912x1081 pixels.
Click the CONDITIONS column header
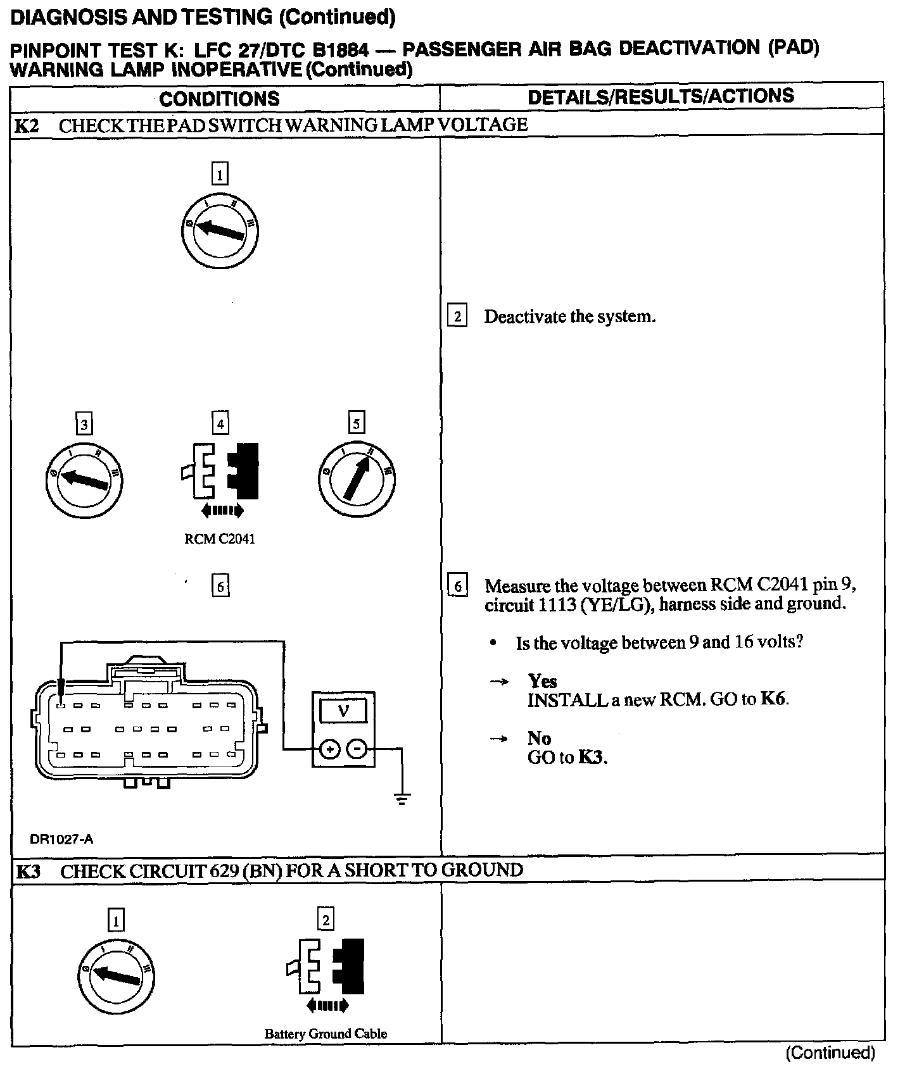[x=219, y=99]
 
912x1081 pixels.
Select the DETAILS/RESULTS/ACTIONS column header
[x=661, y=97]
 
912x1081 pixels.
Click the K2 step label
[x=27, y=125]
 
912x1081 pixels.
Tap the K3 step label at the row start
[x=28, y=872]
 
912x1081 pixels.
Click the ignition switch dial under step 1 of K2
[x=220, y=230]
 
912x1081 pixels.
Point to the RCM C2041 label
[x=220, y=539]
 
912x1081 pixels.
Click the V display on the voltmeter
[x=343, y=710]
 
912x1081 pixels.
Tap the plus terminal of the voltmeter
[x=329, y=749]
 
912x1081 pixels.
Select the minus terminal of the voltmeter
[x=358, y=749]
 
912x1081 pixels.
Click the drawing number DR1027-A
[x=61, y=839]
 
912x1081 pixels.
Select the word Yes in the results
[x=542, y=681]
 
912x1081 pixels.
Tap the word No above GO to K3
[x=539, y=738]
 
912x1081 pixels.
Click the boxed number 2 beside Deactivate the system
[x=457, y=316]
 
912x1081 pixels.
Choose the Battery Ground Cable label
[x=326, y=1034]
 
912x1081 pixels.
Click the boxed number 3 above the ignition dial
[x=84, y=423]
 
